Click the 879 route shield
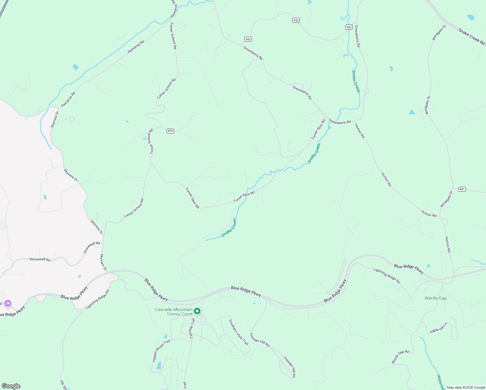[170, 131]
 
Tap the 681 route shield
[462, 189]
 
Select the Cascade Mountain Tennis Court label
[173, 312]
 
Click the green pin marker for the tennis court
[197, 311]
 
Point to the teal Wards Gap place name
[435, 298]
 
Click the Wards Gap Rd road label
[400, 357]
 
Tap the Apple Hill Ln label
[439, 328]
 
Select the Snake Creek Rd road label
[471, 36]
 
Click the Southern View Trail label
[238, 332]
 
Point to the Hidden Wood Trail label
[161, 351]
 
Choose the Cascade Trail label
[192, 328]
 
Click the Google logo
[11, 386]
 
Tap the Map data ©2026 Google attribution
[466, 387]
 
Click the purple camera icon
[8, 304]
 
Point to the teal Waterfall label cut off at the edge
[441, 382]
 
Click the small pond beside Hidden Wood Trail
[159, 366]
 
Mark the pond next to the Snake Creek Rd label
[471, 17]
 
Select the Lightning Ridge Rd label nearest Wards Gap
[387, 275]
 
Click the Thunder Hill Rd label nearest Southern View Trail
[259, 340]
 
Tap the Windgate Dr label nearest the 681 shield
[446, 199]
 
